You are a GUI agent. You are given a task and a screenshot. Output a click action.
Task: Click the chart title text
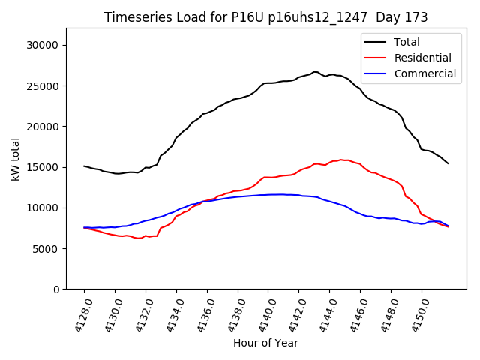[265, 17]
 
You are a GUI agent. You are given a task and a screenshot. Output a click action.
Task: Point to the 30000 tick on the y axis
[43, 45]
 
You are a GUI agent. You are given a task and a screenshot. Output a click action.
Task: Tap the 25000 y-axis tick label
[43, 85]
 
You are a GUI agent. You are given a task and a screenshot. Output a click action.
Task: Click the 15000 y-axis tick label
[43, 167]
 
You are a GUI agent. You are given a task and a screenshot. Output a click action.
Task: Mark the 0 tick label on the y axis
[56, 289]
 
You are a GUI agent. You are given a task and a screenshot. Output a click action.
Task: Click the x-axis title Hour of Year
[265, 343]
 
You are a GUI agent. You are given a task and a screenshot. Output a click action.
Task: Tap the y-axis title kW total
[16, 159]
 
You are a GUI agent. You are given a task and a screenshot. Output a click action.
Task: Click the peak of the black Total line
[315, 72]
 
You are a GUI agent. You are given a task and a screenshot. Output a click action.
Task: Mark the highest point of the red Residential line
[341, 160]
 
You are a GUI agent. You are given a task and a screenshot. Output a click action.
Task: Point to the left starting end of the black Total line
[84, 166]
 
